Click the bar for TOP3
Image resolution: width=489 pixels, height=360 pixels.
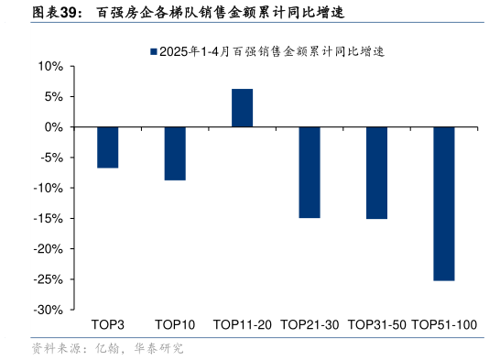point(108,147)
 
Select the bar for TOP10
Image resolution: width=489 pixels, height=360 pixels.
point(175,154)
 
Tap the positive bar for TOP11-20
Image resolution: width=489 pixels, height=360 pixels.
point(242,108)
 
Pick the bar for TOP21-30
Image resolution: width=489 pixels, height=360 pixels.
point(310,172)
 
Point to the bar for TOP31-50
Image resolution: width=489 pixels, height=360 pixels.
point(376,173)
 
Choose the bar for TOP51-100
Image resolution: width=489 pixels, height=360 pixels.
point(444,203)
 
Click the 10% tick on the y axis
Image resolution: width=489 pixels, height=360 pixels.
point(49,67)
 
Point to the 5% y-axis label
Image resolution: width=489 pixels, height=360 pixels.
point(52,97)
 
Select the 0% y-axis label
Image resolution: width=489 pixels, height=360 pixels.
point(52,127)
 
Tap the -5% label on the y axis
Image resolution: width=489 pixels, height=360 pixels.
point(50,158)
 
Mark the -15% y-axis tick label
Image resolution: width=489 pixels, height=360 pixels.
point(48,218)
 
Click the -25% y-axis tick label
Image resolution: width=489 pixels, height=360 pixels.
point(48,278)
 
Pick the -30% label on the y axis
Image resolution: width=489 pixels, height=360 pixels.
point(48,310)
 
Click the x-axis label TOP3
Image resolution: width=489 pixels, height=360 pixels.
point(108,325)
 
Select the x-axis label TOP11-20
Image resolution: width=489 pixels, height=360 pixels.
point(242,325)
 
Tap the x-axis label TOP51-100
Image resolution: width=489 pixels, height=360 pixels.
point(444,325)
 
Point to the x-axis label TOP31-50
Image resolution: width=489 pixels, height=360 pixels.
point(376,325)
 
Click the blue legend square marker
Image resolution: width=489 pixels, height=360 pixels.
point(153,52)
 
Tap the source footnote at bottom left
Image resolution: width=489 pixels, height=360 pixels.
point(107,348)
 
